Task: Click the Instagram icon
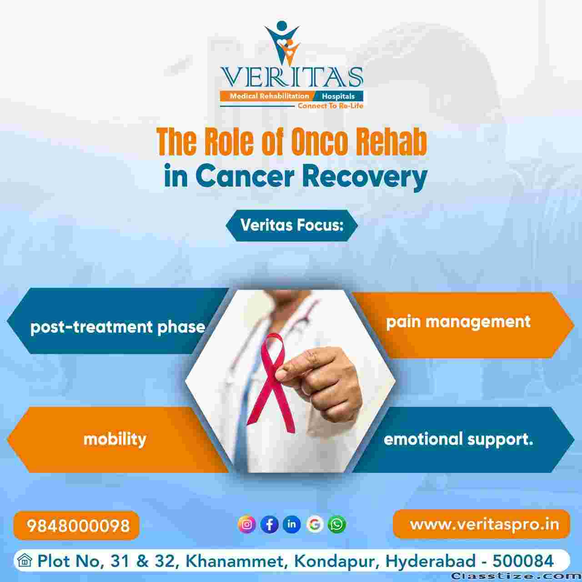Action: click(246, 524)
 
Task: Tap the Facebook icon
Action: click(269, 524)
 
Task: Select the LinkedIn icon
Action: click(292, 524)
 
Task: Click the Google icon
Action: click(314, 524)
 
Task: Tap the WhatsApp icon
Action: click(337, 524)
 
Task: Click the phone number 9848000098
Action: click(78, 526)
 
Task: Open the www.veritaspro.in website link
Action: click(484, 525)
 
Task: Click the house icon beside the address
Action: click(25, 561)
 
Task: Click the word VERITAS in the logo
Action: click(292, 77)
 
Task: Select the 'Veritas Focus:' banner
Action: click(292, 226)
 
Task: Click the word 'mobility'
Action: click(115, 439)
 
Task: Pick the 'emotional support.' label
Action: click(458, 439)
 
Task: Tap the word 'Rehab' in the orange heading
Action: click(391, 142)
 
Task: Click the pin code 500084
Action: click(523, 561)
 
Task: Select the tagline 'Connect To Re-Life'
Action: click(331, 106)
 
